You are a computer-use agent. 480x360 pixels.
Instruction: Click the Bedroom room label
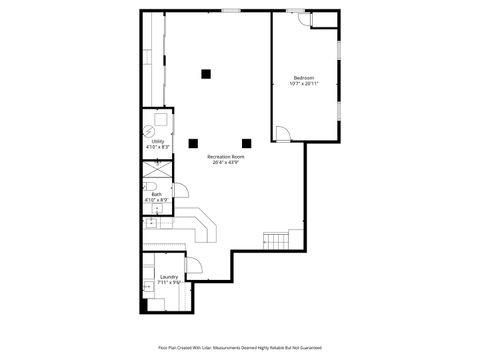[x=303, y=78]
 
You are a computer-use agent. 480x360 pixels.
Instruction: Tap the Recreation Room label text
[x=225, y=157]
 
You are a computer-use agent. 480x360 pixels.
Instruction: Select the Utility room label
[x=157, y=142]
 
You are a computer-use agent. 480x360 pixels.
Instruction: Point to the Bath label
[x=157, y=194]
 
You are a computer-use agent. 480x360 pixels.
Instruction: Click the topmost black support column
[x=206, y=72]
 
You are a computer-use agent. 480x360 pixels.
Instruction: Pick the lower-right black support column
[x=246, y=141]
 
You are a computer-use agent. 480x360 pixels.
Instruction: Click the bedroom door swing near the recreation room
[x=283, y=132]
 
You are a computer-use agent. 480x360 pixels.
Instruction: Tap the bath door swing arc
[x=179, y=191]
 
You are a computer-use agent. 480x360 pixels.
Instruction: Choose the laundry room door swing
[x=194, y=267]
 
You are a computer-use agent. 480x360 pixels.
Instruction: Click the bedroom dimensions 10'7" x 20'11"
[x=304, y=84]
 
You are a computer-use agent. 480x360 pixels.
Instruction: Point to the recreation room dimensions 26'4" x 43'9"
[x=225, y=163]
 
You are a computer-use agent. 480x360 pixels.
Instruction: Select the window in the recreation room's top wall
[x=231, y=10]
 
